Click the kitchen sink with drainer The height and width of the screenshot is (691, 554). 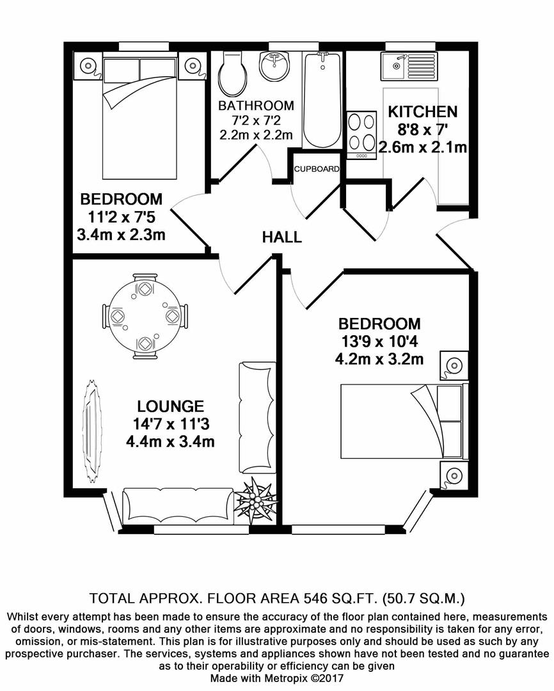click(x=407, y=65)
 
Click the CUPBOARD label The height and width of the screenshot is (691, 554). click(x=316, y=169)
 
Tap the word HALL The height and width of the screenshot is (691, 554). click(x=281, y=237)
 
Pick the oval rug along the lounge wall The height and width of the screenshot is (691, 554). click(x=93, y=430)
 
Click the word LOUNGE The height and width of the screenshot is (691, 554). click(x=170, y=406)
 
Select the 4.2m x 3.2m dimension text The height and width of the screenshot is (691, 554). click(x=379, y=359)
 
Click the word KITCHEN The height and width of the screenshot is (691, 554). click(x=423, y=112)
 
